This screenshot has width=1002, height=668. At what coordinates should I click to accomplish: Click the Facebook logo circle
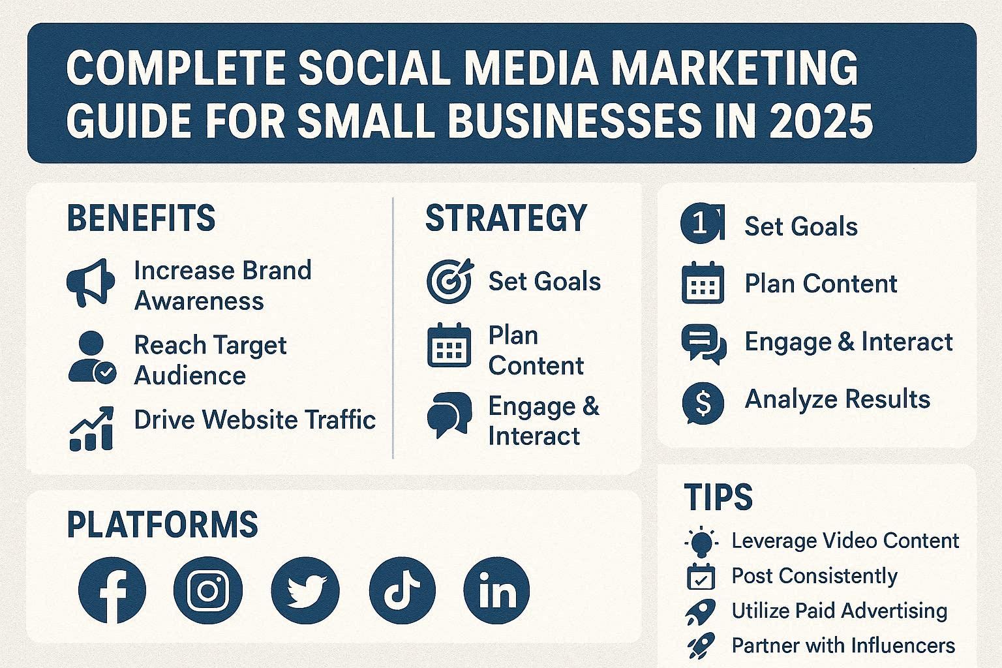[112, 590]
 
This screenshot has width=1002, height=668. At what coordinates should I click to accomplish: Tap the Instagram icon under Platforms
[208, 590]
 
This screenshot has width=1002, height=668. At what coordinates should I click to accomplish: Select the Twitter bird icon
[305, 590]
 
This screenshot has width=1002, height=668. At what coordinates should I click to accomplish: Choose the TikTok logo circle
[402, 590]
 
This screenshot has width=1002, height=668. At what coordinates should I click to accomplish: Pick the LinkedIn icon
[496, 590]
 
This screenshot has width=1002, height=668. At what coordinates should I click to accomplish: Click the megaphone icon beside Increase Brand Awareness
[91, 283]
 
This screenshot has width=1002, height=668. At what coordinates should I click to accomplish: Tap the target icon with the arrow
[449, 281]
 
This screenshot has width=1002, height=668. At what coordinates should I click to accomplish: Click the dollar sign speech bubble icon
[703, 402]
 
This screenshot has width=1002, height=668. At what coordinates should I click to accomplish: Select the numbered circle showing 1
[701, 224]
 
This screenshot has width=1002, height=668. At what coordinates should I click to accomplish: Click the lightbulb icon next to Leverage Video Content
[701, 541]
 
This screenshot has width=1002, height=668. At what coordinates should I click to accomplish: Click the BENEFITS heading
[141, 218]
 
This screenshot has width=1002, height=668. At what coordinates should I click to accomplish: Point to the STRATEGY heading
[506, 218]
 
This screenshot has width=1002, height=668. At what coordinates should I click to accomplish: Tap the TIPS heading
[718, 497]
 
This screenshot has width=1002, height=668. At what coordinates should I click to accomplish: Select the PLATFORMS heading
[162, 524]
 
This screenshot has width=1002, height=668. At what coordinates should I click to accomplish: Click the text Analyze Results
[837, 399]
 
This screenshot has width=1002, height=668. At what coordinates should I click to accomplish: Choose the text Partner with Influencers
[843, 645]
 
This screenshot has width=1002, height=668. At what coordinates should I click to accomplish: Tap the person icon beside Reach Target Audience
[91, 357]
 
